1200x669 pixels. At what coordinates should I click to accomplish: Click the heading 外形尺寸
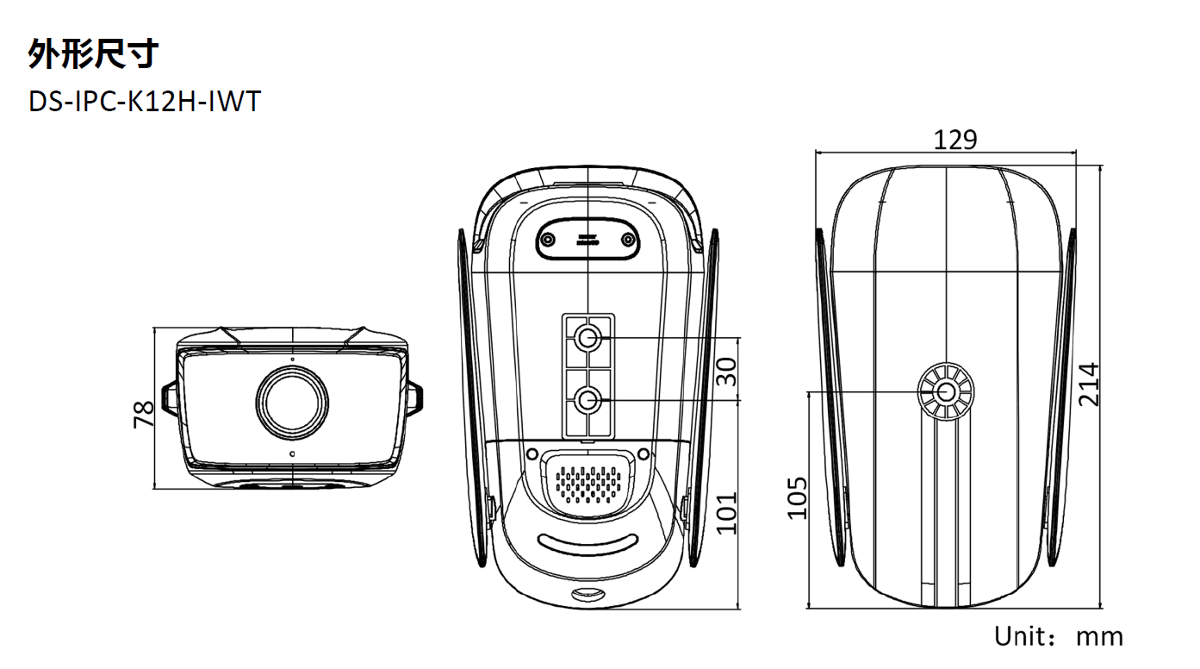93,53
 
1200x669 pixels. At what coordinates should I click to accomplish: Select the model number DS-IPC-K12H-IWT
145,102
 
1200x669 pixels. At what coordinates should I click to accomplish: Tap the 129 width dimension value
955,141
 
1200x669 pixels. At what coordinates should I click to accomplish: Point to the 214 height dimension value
1089,385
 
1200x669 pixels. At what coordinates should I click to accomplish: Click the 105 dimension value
797,498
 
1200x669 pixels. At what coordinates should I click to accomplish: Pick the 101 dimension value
726,513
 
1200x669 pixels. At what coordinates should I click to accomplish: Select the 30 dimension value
726,372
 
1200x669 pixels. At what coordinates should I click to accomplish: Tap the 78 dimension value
143,415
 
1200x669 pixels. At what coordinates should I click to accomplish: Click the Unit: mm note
1059,637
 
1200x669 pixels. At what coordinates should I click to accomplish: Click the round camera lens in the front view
292,402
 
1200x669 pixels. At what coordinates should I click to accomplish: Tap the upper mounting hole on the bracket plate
588,338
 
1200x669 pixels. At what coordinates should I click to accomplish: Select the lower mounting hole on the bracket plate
588,400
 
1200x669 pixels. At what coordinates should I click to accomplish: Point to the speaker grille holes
588,485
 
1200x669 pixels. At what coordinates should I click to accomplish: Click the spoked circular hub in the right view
946,392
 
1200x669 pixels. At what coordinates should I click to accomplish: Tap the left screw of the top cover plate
547,240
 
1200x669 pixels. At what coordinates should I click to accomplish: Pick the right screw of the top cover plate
627,240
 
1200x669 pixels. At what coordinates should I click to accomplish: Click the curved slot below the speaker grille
588,545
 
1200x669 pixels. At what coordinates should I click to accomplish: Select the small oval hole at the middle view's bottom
588,594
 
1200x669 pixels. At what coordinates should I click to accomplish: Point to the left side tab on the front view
170,399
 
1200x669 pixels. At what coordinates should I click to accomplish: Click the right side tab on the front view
414,399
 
